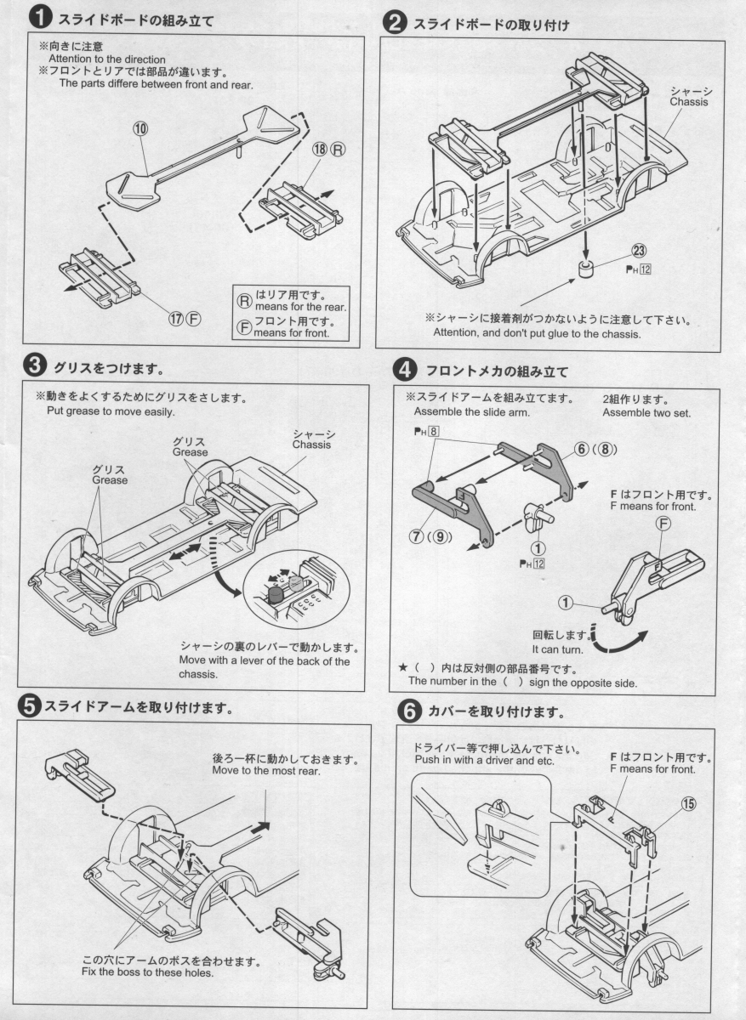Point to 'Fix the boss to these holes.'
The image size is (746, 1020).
147,972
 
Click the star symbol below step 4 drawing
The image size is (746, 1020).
403,667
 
